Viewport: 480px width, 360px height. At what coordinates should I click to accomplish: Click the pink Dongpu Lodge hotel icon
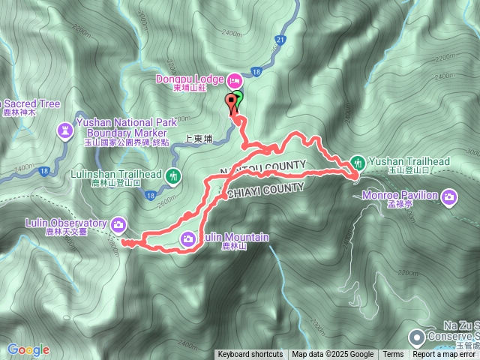click(x=233, y=79)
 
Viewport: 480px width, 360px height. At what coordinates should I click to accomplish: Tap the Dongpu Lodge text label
click(x=189, y=79)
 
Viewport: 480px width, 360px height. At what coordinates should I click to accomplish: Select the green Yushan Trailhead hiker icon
click(x=358, y=162)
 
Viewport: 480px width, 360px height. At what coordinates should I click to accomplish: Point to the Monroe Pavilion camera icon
click(x=449, y=196)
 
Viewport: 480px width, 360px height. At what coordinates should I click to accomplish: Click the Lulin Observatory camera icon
click(x=118, y=223)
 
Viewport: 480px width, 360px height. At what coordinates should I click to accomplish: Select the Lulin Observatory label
click(x=66, y=223)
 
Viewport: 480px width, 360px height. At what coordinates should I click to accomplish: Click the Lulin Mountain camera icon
click(x=188, y=238)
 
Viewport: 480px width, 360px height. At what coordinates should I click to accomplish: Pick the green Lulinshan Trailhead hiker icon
click(x=174, y=177)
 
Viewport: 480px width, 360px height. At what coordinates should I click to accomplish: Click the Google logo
click(x=28, y=349)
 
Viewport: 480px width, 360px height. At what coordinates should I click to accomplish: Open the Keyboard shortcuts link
click(x=250, y=355)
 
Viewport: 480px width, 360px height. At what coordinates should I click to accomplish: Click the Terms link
click(x=393, y=355)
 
